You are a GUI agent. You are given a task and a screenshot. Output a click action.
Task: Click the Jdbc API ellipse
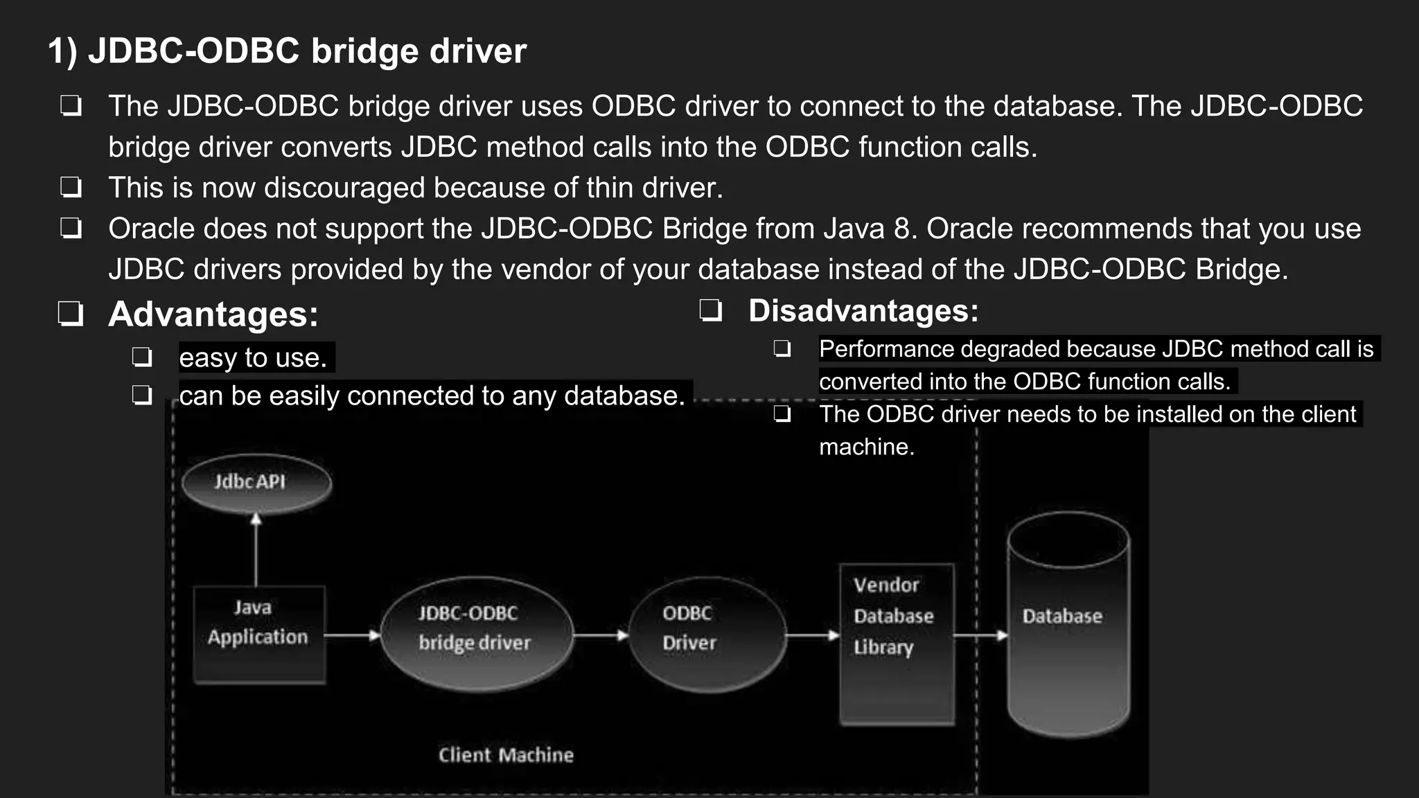(x=256, y=483)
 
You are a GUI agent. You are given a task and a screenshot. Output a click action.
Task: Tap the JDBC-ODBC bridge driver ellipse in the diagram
(x=477, y=635)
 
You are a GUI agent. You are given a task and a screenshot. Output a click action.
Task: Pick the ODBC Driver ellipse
(x=707, y=635)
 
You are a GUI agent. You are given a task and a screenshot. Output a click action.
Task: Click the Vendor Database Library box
(x=897, y=644)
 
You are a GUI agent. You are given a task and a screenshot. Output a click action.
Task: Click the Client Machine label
(x=506, y=755)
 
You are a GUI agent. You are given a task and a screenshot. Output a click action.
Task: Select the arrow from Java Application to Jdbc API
(x=256, y=550)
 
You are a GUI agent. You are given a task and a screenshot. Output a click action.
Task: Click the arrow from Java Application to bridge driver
(x=352, y=635)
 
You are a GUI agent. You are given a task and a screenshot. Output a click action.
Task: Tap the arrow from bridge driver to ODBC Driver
(x=601, y=635)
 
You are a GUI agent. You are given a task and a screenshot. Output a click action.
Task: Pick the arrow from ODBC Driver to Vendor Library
(x=813, y=635)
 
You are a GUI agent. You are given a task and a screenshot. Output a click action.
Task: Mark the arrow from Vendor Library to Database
(x=980, y=635)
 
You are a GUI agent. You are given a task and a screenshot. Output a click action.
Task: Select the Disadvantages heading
(x=863, y=311)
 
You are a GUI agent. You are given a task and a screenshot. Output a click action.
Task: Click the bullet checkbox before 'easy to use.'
(x=142, y=357)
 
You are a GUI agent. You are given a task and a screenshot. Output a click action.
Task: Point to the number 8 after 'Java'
(x=901, y=229)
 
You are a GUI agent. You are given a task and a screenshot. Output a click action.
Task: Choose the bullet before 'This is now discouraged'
(x=71, y=188)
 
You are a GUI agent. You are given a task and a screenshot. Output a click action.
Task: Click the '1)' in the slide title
(x=62, y=51)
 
